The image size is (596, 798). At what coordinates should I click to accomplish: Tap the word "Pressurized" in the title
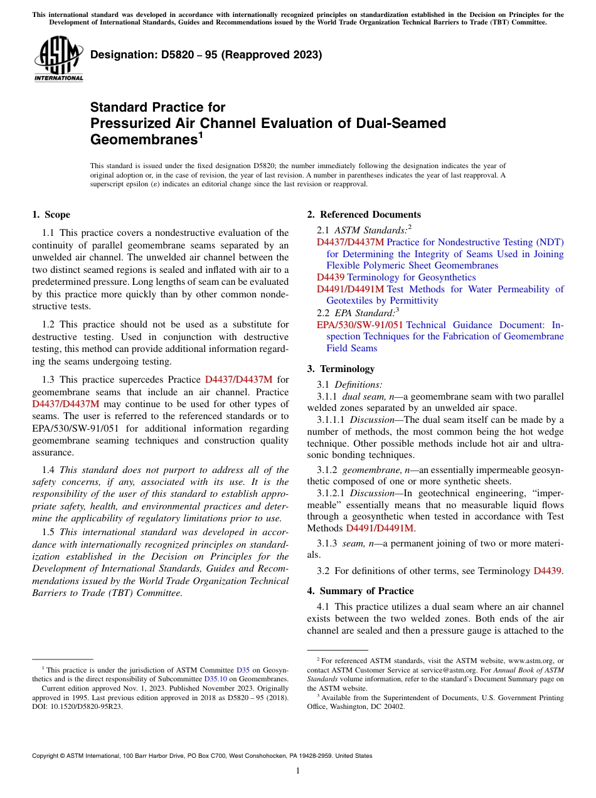pos(131,123)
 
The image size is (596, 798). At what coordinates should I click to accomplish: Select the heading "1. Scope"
pos(51,215)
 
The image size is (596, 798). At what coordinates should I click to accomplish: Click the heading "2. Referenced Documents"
pos(364,215)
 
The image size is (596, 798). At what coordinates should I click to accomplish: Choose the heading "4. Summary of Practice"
pos(360,591)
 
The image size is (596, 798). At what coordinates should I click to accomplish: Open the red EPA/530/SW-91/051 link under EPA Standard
pos(359,325)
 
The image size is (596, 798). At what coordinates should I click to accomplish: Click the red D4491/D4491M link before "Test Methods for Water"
pos(350,289)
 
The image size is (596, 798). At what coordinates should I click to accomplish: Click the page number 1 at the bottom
pos(298,770)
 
